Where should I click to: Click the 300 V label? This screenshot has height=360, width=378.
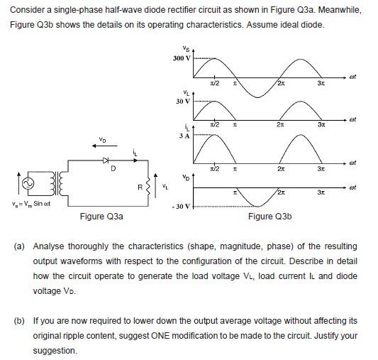point(182,58)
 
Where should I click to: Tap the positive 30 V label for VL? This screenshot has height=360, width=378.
point(182,101)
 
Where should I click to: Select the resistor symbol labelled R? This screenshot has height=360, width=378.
point(150,186)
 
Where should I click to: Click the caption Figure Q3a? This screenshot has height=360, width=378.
point(102,216)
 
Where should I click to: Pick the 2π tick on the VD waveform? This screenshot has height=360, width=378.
point(282,192)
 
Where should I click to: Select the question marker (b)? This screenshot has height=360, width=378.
point(18,320)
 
